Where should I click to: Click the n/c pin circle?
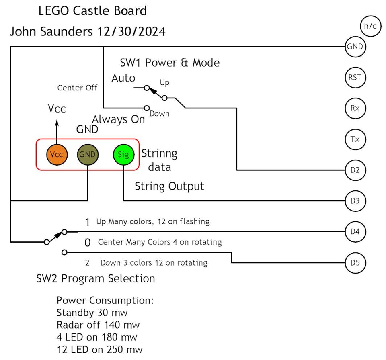(370, 27)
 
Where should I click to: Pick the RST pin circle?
(355, 78)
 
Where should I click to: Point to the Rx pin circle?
(355, 108)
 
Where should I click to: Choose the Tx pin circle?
(355, 139)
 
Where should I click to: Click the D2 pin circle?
(355, 170)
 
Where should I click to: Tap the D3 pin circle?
(355, 200)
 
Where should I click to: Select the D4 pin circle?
(355, 231)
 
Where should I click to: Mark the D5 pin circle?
(355, 263)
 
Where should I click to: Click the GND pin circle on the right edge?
(355, 47)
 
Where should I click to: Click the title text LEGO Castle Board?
(92, 11)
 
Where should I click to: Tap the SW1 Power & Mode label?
(170, 63)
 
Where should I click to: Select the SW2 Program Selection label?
(96, 278)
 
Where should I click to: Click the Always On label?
(118, 120)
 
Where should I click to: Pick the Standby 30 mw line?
(92, 312)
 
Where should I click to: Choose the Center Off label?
(77, 88)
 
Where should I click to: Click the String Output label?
(169, 186)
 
